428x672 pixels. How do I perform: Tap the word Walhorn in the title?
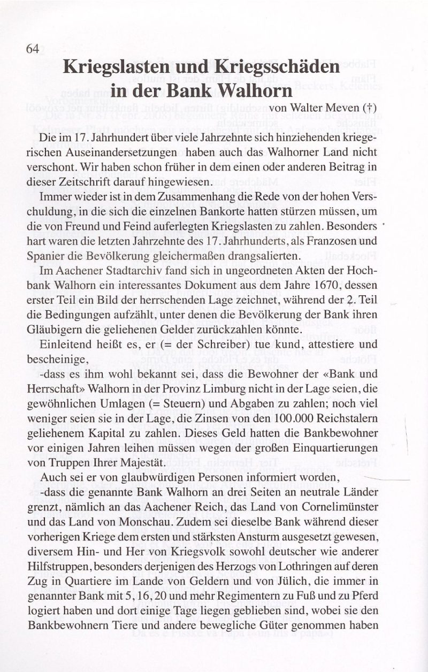pos(252,89)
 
